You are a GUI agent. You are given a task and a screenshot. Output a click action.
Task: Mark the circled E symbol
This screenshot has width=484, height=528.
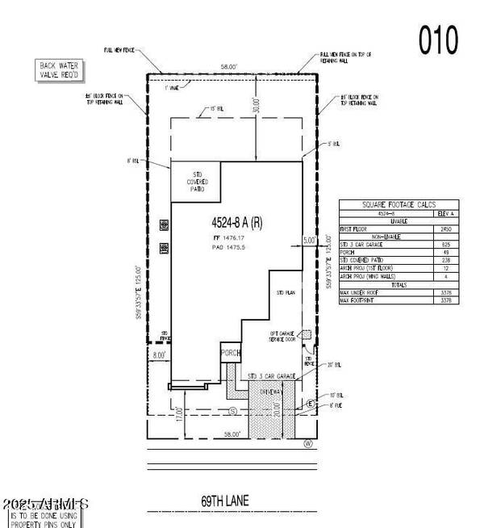[x=311, y=403]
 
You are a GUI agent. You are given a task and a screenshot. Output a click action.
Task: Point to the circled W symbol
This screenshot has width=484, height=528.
[x=307, y=443]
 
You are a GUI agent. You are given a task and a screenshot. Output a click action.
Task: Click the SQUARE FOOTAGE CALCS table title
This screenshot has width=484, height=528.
[x=398, y=205]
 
